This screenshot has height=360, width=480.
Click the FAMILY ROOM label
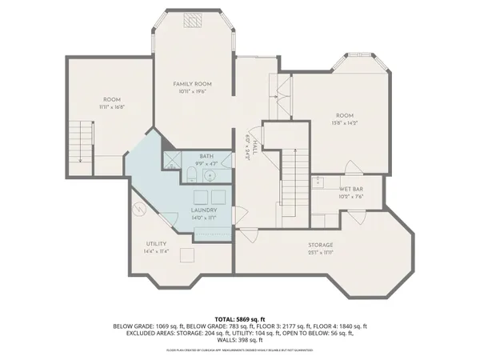[x=192, y=83]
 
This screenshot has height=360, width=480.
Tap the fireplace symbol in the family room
[x=192, y=22]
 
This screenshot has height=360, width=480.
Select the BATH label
[x=206, y=156]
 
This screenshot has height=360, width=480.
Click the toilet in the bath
[x=187, y=175]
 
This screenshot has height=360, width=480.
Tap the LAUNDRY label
[x=206, y=210]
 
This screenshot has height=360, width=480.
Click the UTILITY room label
[x=155, y=243]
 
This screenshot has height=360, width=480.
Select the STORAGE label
[x=321, y=245]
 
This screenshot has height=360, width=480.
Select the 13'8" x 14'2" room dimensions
[x=345, y=123]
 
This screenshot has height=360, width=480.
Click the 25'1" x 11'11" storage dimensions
[x=321, y=252]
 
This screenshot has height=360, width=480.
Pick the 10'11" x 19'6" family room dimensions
[x=192, y=91]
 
